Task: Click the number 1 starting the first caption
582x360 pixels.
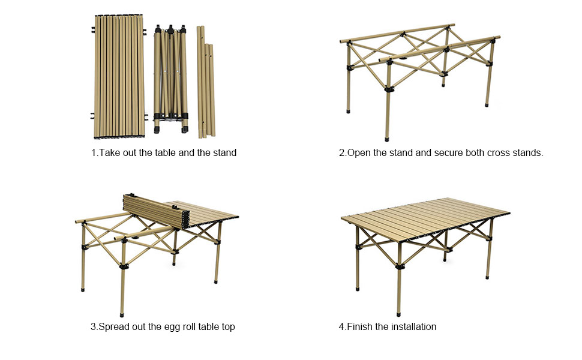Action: (x=94, y=153)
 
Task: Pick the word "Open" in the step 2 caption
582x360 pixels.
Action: (x=359, y=153)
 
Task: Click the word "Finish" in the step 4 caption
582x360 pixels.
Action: (x=360, y=327)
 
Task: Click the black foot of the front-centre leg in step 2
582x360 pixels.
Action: (x=387, y=138)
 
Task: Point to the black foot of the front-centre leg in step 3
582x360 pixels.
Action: (x=122, y=313)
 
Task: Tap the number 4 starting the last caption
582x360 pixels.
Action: (x=341, y=327)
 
